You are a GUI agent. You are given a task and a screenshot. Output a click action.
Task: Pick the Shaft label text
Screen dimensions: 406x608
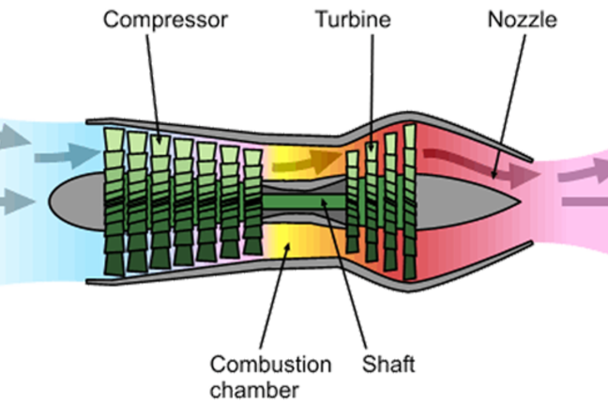[x=387, y=363]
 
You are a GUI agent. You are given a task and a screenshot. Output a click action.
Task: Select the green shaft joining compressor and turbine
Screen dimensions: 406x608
[x=300, y=200]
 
